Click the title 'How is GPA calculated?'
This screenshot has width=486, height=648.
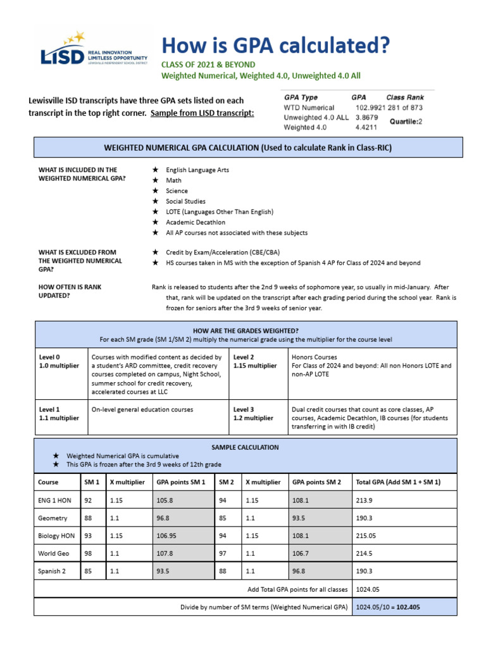[276, 46]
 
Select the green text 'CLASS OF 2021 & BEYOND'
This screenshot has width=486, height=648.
[208, 65]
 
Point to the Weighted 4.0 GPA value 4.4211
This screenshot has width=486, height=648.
[366, 127]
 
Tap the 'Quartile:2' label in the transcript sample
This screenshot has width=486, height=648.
[406, 120]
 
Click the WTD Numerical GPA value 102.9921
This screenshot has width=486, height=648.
[370, 108]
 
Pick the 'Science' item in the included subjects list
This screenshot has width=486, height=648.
[177, 190]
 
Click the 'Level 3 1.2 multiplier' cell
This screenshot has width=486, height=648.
[253, 413]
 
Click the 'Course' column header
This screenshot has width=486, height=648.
[48, 482]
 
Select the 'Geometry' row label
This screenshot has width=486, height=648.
[53, 518]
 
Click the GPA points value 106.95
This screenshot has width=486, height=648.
[166, 535]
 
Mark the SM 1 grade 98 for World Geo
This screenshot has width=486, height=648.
[88, 553]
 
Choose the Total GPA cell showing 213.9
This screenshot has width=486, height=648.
[366, 500]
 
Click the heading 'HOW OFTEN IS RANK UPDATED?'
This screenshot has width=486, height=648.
[70, 291]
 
